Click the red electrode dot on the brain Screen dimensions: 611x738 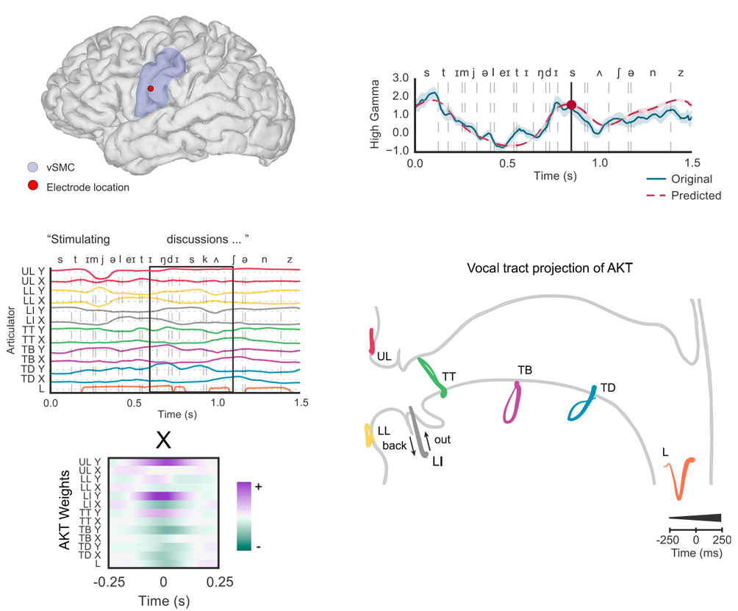(x=151, y=88)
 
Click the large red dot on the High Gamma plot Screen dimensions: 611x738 (x=571, y=104)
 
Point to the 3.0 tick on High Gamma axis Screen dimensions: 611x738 (x=400, y=78)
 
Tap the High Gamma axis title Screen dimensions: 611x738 (x=375, y=113)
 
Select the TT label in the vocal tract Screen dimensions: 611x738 (x=449, y=376)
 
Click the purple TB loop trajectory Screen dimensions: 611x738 (x=511, y=402)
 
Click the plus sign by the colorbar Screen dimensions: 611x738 (x=259, y=487)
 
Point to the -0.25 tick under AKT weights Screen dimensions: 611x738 (x=109, y=582)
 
